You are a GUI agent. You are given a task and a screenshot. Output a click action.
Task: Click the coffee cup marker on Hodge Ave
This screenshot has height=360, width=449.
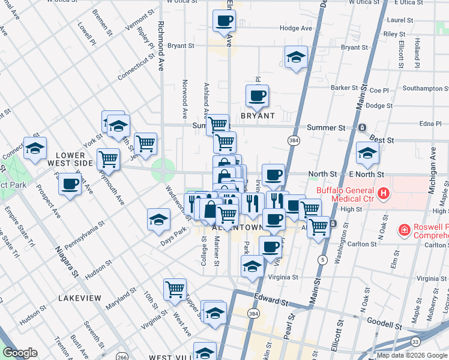224,20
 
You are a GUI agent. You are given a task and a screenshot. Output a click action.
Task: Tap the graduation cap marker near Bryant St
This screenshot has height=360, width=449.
295,57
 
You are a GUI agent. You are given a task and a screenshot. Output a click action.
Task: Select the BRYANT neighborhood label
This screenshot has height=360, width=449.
258,116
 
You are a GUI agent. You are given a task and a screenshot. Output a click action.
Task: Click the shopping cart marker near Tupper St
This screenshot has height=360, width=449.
175,289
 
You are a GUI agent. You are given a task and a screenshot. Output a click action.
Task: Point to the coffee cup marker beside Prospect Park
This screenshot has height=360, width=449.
70,184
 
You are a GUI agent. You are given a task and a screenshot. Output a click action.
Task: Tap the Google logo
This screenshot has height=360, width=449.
20,353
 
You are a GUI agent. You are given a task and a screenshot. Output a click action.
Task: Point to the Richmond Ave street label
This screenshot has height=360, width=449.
160,47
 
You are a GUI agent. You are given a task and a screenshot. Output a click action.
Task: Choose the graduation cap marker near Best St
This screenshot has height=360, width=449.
367,152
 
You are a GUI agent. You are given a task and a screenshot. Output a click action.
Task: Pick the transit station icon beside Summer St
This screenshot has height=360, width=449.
362,128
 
